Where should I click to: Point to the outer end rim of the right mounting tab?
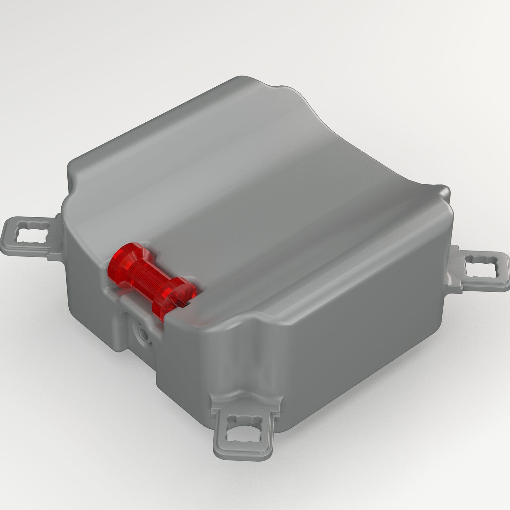click(507, 272)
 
